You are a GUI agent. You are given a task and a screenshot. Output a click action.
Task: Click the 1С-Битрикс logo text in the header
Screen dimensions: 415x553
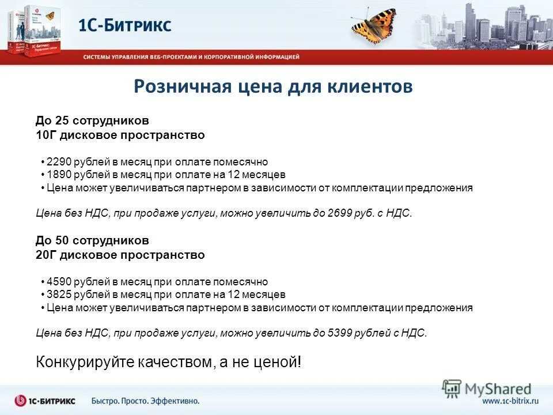pos(125,25)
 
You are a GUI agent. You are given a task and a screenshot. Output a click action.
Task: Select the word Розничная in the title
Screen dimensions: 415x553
pos(181,86)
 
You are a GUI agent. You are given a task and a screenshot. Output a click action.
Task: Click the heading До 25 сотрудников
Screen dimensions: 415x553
pos(92,121)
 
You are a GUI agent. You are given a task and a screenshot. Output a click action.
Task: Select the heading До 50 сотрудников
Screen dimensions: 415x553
pos(92,240)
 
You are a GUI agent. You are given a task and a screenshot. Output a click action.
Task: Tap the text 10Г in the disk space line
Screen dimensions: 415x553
pos(44,135)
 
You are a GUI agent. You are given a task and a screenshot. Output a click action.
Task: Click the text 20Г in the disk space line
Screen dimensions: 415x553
pos(44,255)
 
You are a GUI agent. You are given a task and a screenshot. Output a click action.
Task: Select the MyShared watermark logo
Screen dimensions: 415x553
pos(487,389)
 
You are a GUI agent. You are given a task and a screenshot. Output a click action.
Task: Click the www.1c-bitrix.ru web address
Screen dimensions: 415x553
pos(510,401)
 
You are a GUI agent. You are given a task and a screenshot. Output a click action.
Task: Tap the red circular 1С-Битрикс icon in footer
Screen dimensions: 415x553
pos(21,401)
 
